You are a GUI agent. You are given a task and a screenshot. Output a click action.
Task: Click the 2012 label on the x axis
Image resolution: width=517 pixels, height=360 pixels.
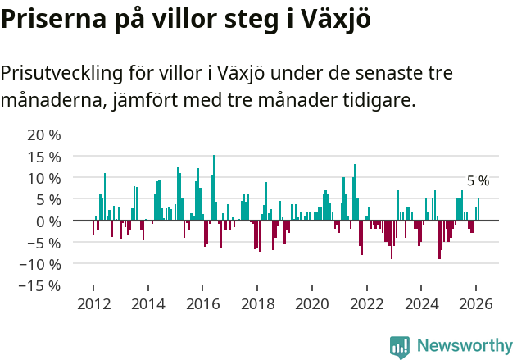(x=93, y=303)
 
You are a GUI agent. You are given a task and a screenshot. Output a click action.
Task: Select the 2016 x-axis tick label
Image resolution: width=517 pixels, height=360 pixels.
(x=202, y=303)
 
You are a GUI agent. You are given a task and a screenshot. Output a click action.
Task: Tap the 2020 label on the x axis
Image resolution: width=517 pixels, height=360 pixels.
(x=312, y=303)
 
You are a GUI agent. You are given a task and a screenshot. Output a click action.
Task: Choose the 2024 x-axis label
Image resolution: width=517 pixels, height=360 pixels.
(x=421, y=303)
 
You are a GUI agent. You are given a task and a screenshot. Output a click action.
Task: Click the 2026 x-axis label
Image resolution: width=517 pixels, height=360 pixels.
(x=476, y=303)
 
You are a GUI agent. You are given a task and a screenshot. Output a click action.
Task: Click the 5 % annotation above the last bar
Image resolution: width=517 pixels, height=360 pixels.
(x=478, y=181)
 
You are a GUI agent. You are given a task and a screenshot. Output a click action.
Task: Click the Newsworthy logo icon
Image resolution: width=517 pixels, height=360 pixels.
(x=400, y=346)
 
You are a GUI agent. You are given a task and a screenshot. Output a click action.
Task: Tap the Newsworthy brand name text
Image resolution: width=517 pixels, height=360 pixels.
(x=464, y=346)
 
